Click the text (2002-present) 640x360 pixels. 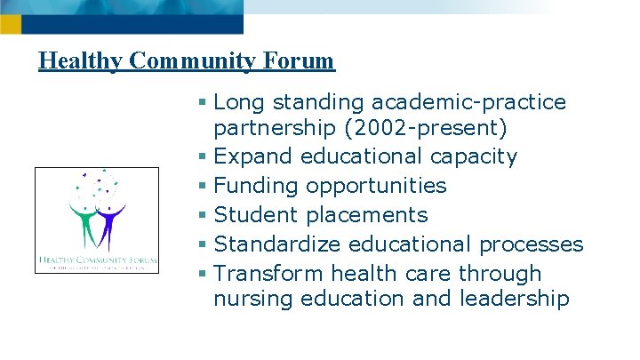(425, 129)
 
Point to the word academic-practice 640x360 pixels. (469, 102)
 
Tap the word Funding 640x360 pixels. (259, 186)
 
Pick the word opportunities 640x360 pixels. (377, 186)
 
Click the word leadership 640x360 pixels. (515, 299)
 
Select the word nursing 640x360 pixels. (254, 300)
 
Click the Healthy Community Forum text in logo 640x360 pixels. (97, 261)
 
